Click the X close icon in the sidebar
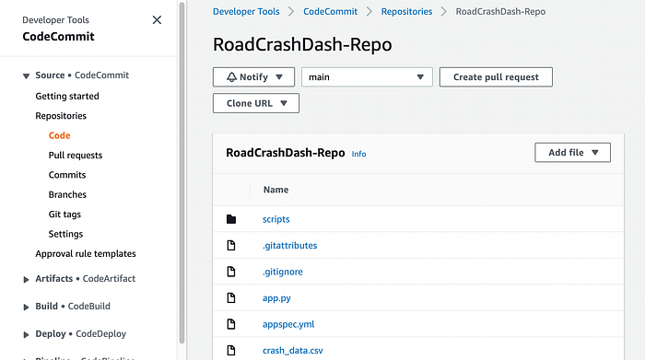[157, 19]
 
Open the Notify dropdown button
[253, 76]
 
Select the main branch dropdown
[367, 76]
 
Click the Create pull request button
[496, 76]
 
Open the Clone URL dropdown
[256, 103]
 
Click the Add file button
[572, 153]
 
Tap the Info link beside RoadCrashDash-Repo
[358, 154]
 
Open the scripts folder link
[276, 219]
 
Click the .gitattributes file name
[290, 245]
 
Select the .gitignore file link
[283, 272]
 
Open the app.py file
[276, 298]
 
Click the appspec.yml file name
[288, 324]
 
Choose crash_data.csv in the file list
[293, 351]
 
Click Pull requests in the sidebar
[76, 155]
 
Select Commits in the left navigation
[67, 175]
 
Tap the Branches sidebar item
[67, 194]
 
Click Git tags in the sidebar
[64, 215]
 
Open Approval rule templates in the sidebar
[86, 253]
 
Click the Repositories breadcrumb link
[406, 11]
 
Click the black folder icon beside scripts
[231, 219]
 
